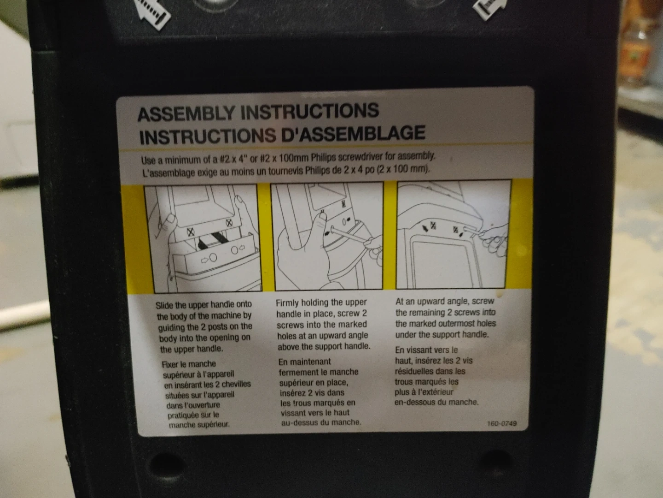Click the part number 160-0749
click(501, 423)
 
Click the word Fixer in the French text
click(171, 364)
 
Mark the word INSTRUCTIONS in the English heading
click(309, 111)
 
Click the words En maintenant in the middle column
click(304, 362)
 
